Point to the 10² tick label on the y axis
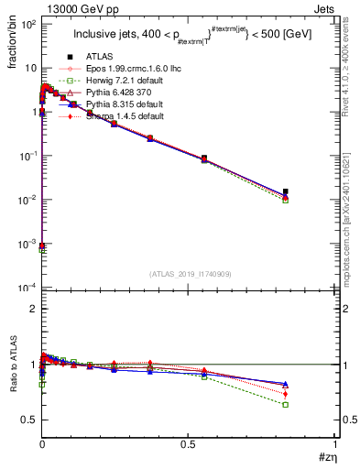pyautogui.click(x=27, y=24)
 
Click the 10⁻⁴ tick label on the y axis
pyautogui.click(x=27, y=288)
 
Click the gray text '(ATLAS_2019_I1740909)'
pyautogui.click(x=190, y=273)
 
